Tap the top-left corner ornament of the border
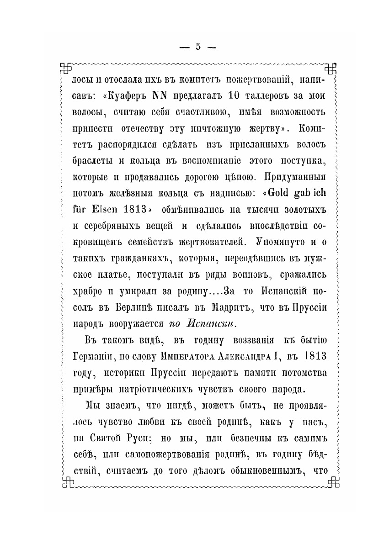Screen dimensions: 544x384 pos(66,67)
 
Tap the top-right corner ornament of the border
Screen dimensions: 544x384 pos(331,67)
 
